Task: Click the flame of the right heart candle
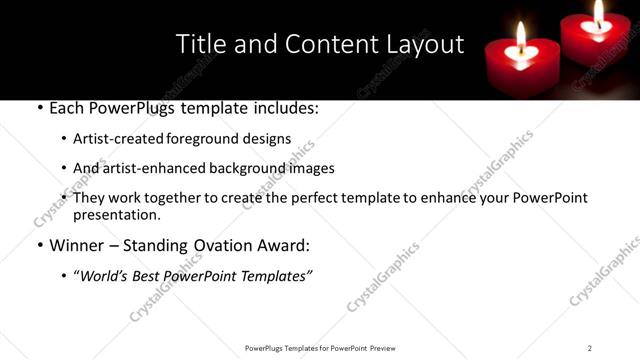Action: pyautogui.click(x=599, y=12)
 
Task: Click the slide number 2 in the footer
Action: pyautogui.click(x=590, y=347)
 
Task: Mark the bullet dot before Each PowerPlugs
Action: pyautogui.click(x=39, y=107)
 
